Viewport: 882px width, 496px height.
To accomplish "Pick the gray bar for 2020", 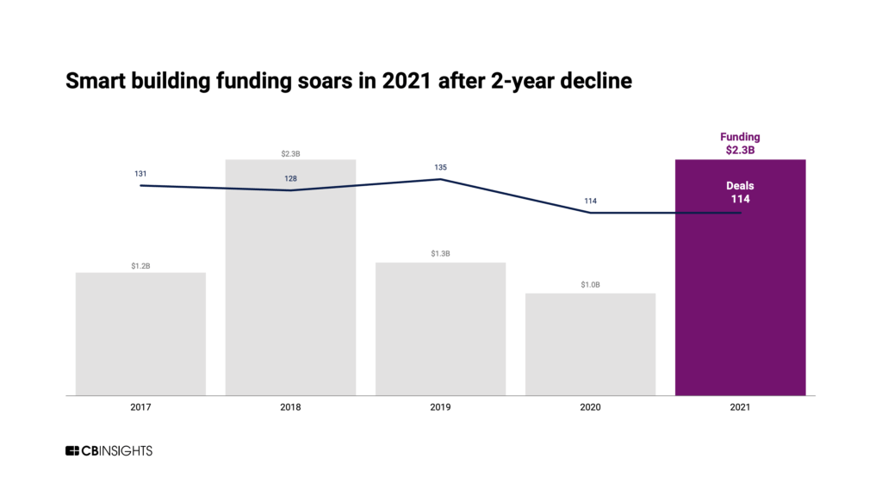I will tap(590, 344).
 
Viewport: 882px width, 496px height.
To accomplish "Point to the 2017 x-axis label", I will tap(140, 407).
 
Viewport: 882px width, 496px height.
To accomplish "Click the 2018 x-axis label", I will tap(290, 407).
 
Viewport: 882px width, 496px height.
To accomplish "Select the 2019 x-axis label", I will tap(440, 407).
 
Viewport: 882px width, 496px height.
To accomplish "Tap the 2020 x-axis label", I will tap(590, 407).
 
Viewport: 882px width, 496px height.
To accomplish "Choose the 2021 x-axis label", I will tap(740, 407).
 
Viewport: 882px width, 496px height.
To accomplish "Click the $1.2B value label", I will tap(140, 266).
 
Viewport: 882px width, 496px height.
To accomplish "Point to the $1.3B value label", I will tap(440, 254).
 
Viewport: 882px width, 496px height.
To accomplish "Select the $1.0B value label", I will tap(590, 286).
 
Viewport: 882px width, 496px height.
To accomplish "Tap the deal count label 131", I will tap(140, 174).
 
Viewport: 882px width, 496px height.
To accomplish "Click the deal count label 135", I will tap(440, 167).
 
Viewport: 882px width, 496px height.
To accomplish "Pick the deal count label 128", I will tap(290, 179).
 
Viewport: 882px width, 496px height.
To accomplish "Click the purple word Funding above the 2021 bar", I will tap(740, 137).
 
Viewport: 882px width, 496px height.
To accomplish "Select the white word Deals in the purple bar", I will tap(740, 185).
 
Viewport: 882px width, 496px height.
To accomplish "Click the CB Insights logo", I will tap(109, 451).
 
